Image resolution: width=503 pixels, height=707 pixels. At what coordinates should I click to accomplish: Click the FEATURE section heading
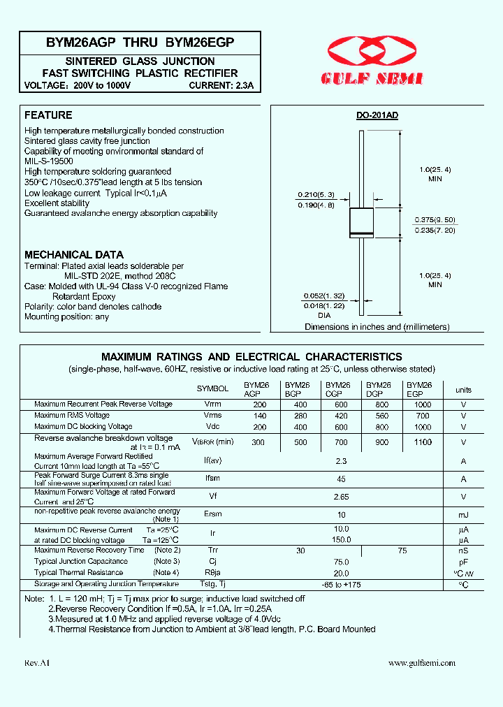point(48,115)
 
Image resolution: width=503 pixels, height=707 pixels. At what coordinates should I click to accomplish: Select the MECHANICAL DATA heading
point(74,255)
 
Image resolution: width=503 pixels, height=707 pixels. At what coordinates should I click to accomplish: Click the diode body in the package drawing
point(363,221)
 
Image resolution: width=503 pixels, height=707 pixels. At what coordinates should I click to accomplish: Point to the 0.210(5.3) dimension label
point(316,194)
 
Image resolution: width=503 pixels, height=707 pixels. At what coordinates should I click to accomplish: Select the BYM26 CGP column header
point(338,389)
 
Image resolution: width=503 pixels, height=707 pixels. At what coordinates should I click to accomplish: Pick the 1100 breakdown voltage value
point(423,442)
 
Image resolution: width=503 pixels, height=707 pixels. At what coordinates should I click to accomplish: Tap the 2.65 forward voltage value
point(341,497)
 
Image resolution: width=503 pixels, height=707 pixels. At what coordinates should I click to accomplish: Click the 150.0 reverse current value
point(341,540)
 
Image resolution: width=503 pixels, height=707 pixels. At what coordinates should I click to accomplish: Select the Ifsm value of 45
point(341,479)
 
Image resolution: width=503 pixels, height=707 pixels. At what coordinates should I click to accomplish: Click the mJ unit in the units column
point(463,514)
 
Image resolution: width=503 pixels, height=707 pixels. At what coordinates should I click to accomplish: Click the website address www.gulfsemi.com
point(421,663)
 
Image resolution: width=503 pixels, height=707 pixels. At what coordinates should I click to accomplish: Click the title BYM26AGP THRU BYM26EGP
point(140,42)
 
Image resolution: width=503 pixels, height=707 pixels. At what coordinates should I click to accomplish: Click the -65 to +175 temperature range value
point(341,584)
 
